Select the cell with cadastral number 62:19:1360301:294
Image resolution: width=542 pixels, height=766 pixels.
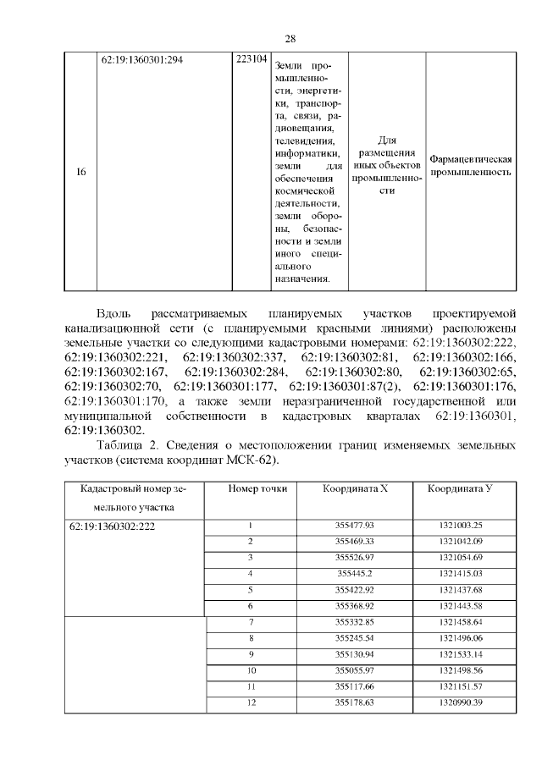[142, 60]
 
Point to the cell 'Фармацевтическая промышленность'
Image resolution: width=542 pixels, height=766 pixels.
[472, 165]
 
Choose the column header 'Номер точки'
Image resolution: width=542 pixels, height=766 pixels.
[251, 489]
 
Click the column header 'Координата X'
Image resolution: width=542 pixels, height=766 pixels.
[354, 489]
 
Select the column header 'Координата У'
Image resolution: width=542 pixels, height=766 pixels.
[460, 489]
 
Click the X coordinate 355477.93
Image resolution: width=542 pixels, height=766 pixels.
[354, 526]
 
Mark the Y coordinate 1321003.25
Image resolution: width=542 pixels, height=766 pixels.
[460, 526]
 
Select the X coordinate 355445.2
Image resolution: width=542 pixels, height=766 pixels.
[354, 574]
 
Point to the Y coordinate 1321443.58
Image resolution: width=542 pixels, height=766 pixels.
[460, 605]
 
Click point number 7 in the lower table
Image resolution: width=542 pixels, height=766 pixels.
[251, 622]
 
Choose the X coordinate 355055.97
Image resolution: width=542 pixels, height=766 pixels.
[354, 670]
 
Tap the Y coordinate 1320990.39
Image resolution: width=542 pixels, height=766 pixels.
[460, 703]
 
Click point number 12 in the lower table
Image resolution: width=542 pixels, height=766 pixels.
[251, 703]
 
